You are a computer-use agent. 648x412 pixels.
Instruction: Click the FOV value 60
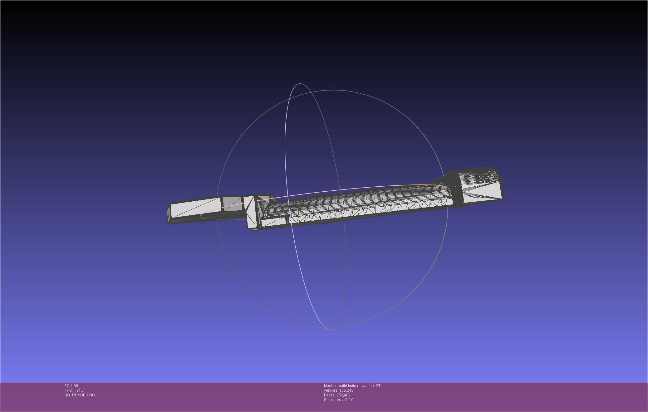point(76,386)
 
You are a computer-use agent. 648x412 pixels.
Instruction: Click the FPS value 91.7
point(80,390)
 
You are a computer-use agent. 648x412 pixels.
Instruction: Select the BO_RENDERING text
point(80,395)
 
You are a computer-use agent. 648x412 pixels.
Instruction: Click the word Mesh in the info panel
point(329,386)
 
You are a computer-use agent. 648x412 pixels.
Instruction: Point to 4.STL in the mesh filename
point(377,386)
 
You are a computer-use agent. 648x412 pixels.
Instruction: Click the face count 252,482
point(343,395)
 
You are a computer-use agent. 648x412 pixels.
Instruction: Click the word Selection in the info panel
point(332,400)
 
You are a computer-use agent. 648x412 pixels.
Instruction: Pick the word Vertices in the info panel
point(331,390)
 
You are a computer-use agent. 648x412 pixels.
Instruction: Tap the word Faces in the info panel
point(329,395)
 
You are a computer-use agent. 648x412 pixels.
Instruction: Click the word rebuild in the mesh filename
point(341,386)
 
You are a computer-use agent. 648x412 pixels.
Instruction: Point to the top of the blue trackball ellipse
point(300,84)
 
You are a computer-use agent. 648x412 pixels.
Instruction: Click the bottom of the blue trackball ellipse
point(331,330)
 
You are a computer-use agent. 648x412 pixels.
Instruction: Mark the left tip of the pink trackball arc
point(200,216)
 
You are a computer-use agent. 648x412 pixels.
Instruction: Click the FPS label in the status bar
point(68,390)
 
